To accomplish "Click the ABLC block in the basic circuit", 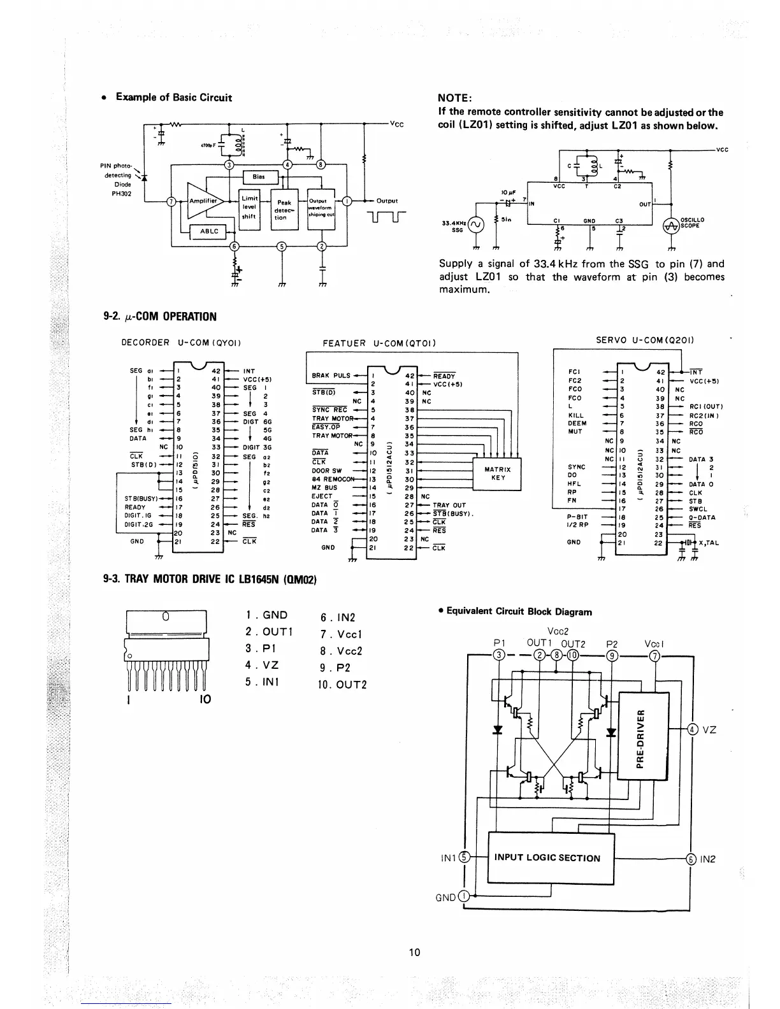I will pyautogui.click(x=210, y=232).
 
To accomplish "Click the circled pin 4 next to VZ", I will pyautogui.click(x=692, y=730).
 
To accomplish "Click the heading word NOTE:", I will pyautogui.click(x=455, y=98).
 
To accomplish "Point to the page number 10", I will pyautogui.click(x=415, y=952).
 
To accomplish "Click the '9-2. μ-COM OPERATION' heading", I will pyautogui.click(x=160, y=317).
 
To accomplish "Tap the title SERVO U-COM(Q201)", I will pyautogui.click(x=644, y=340).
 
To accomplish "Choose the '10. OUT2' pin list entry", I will pyautogui.click(x=343, y=685).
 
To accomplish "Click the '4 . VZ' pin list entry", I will pyautogui.click(x=262, y=665).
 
